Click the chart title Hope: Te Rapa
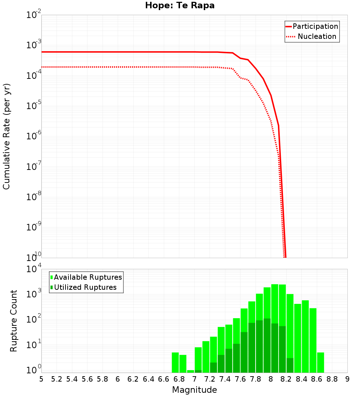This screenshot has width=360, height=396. (x=180, y=6)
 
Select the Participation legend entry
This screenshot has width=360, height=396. (x=315, y=26)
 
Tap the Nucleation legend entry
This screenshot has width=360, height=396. (x=317, y=36)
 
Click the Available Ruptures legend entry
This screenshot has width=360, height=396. (x=88, y=277)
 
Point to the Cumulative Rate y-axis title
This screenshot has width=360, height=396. (x=6, y=136)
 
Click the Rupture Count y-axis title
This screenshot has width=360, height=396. (x=14, y=320)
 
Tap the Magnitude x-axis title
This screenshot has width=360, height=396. (x=194, y=390)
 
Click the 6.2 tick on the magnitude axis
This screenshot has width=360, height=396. (x=133, y=379)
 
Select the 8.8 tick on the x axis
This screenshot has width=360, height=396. (x=332, y=379)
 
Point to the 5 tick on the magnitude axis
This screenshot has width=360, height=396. (x=41, y=379)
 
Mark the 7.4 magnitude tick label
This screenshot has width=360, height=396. (x=225, y=379)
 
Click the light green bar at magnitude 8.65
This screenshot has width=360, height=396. (x=313, y=340)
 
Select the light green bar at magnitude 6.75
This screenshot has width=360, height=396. (x=175, y=363)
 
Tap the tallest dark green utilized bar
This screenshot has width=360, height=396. (x=267, y=346)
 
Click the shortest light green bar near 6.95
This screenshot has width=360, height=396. (x=190, y=371)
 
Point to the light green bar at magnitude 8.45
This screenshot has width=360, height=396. (x=305, y=336)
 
